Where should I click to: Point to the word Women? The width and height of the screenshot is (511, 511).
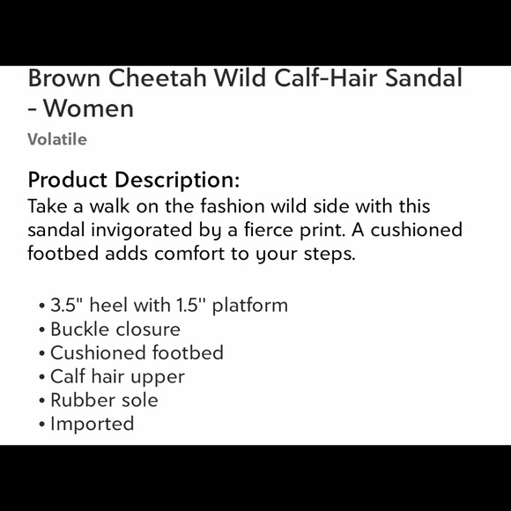pyautogui.click(x=89, y=109)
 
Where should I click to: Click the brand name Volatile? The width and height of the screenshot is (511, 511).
pyautogui.click(x=57, y=139)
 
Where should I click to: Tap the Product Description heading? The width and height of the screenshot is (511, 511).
pyautogui.click(x=133, y=180)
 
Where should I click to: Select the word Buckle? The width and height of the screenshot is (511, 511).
pyautogui.click(x=82, y=330)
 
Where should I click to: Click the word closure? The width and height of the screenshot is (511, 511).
pyautogui.click(x=150, y=330)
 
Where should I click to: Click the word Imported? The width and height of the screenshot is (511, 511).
pyautogui.click(x=92, y=424)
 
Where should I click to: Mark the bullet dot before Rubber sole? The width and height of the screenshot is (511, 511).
pyautogui.click(x=42, y=401)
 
